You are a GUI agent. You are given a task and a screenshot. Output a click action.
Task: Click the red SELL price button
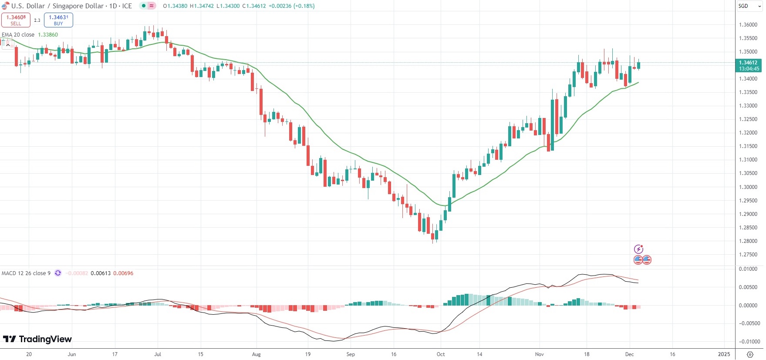coord(16,20)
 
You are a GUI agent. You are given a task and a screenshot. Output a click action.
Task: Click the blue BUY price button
coord(58,20)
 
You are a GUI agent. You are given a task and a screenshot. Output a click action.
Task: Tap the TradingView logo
coord(37,339)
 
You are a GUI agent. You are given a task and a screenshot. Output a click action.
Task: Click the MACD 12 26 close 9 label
coord(26,273)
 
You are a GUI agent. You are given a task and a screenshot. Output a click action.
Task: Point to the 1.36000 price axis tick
coord(748,25)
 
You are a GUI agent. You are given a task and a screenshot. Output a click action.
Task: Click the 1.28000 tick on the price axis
coord(748,241)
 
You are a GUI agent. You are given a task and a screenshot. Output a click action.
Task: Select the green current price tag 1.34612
coord(749,65)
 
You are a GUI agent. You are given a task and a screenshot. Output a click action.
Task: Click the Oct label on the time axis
coord(441,354)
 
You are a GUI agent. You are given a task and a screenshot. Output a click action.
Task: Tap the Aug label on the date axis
coord(256,354)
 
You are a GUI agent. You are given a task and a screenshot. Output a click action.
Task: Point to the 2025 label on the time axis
coord(724,354)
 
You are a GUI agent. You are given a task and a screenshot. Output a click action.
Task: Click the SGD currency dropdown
coord(749,6)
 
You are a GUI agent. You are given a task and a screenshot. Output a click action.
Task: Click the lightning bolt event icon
coord(638,249)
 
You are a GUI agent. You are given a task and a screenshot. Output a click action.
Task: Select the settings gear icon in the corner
coord(750,354)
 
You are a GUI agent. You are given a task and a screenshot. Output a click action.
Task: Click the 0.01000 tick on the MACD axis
coord(748,269)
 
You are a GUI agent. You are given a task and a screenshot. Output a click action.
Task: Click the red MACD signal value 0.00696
coord(123,273)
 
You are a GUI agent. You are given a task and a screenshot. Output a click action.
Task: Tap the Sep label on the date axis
coord(351,354)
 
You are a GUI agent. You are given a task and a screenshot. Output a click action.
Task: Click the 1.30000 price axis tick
coord(748,187)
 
